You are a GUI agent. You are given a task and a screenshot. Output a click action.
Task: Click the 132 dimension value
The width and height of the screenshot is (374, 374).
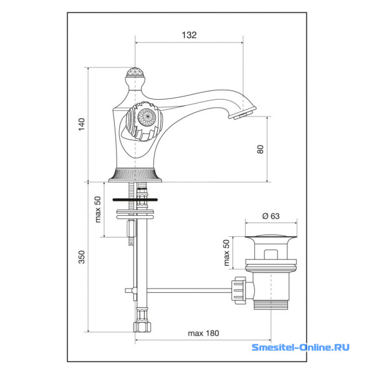[x=189, y=36]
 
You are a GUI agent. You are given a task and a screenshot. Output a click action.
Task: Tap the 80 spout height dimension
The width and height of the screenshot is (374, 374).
[x=261, y=149]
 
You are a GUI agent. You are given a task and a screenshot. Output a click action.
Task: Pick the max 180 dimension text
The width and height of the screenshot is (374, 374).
[x=203, y=333]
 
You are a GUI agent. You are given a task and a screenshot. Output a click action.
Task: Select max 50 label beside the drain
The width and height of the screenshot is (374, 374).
[x=227, y=252]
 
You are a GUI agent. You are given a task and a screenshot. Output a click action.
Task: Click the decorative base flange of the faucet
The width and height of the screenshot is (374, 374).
[x=135, y=175]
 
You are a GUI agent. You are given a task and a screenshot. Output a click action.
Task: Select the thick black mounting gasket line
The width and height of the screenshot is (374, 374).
[x=135, y=200]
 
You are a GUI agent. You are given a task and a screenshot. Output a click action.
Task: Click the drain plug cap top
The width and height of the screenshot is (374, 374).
[x=269, y=237]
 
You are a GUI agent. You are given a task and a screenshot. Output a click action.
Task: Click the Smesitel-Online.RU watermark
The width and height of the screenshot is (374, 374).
[x=300, y=347]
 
